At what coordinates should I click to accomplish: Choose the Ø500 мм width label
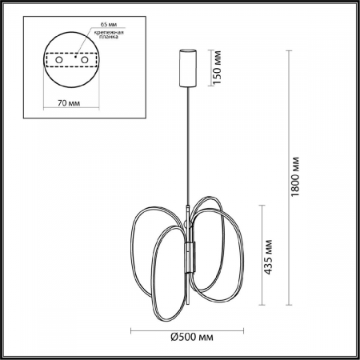(190, 336)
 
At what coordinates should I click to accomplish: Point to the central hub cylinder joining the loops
(190, 258)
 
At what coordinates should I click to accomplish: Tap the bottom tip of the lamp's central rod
(190, 315)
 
